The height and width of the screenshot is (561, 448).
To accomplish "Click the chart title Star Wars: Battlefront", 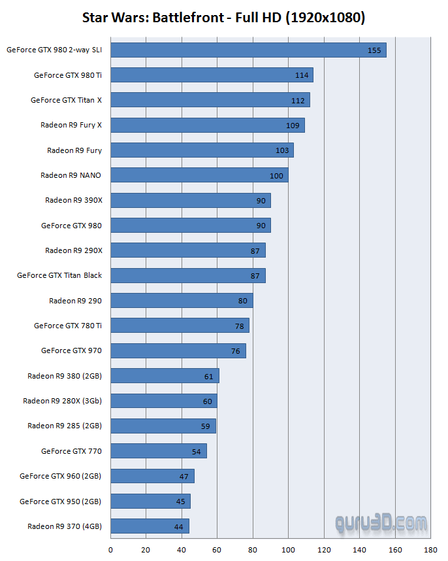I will (223, 18).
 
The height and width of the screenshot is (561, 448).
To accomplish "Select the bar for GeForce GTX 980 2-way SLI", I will (248, 50).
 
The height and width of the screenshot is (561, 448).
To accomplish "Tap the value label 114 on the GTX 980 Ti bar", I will (302, 75).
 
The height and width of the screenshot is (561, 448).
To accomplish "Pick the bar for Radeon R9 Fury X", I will (208, 126).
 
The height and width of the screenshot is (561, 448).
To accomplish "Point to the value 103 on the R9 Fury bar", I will (282, 150).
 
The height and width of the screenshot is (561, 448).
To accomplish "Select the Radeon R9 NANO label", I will (71, 175).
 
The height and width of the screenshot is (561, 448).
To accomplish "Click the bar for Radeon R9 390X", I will (191, 201).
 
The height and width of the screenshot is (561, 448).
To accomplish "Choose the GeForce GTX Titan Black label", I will (59, 275).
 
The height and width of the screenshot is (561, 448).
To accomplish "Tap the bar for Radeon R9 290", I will (182, 301).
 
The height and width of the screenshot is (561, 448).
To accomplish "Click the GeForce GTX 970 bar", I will (178, 350).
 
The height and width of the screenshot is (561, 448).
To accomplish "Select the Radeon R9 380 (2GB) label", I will (65, 376).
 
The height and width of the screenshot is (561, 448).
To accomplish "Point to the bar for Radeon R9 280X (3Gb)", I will (164, 401).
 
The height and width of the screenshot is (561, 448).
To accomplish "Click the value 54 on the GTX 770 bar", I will (196, 451).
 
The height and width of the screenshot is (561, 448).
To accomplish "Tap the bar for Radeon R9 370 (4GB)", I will (150, 526).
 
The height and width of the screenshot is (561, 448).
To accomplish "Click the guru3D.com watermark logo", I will (381, 522).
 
